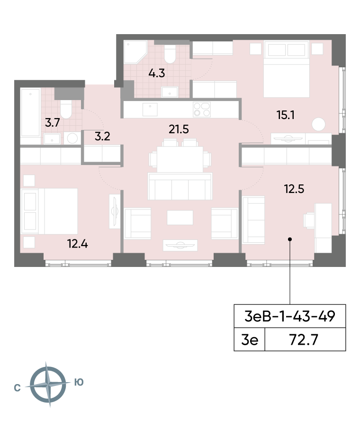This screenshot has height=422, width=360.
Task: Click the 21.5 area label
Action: tap(179, 129)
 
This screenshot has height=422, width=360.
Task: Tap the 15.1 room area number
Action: tap(286, 115)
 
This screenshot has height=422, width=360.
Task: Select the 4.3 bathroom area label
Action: tap(157, 73)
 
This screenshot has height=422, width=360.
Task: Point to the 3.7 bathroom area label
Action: tap(53, 123)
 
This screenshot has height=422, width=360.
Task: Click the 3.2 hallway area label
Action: tap(102, 137)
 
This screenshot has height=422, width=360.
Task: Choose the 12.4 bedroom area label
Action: tap(77, 244)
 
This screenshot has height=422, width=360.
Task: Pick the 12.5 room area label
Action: tap(294, 189)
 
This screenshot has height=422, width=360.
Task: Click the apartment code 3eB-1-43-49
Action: tap(290, 316)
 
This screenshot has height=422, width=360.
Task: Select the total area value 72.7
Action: tap(304, 339)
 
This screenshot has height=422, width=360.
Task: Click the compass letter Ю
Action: tap(79, 382)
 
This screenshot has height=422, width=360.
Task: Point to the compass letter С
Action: tap(17, 388)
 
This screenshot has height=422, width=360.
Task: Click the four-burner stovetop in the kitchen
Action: tap(202, 110)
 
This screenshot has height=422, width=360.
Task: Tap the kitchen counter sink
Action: tap(150, 109)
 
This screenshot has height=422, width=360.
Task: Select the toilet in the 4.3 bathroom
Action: tap(170, 54)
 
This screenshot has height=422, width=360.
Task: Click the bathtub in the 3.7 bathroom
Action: tap(30, 113)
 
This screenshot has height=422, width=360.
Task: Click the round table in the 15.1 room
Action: tap(319, 124)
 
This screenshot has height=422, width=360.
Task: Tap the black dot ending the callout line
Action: tap(290, 239)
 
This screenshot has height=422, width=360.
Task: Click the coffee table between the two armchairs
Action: tap(180, 218)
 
